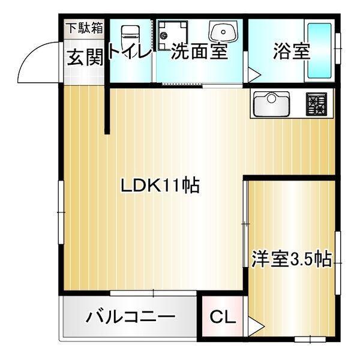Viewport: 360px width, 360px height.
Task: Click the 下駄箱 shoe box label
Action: tap(84, 27)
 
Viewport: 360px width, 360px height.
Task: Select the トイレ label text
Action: tap(130, 53)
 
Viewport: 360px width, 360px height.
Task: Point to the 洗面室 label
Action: tap(199, 52)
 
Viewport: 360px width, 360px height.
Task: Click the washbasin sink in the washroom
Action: tap(223, 31)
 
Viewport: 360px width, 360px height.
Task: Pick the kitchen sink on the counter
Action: tap(271, 104)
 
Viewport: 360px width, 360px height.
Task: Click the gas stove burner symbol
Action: tap(316, 104)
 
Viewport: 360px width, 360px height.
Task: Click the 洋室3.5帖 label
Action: tap(291, 260)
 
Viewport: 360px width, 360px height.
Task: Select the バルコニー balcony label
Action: tap(130, 317)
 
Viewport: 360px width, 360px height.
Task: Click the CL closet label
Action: tap(223, 317)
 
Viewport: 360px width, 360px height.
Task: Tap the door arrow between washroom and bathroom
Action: tap(253, 74)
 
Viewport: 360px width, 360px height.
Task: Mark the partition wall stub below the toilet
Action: tap(107, 111)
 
